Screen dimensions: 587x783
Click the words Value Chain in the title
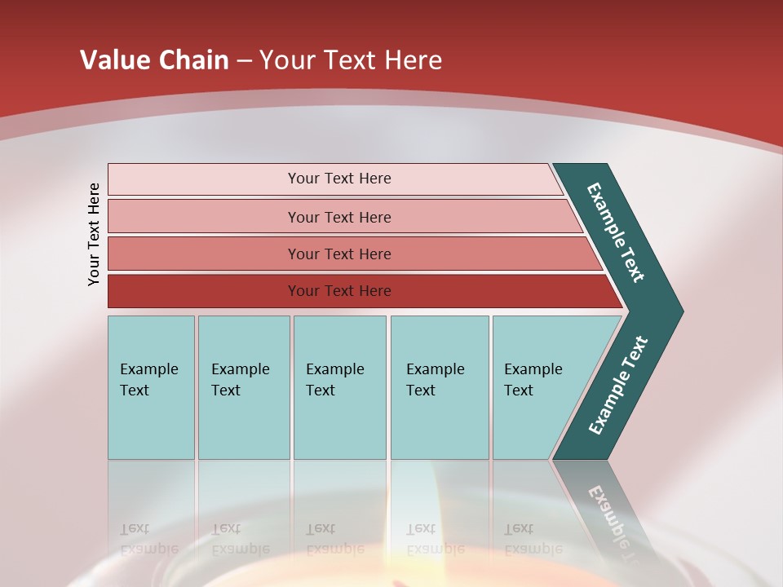[154, 60]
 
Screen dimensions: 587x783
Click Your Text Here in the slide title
[351, 60]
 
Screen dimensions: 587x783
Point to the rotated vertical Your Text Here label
[95, 234]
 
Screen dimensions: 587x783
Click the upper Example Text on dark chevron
[616, 232]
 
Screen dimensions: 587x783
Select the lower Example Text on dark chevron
[618, 386]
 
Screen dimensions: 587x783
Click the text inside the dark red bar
[339, 291]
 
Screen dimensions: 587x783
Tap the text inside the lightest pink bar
[339, 179]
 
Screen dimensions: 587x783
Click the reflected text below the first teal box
[148, 539]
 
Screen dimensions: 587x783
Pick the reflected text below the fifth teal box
[533, 539]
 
